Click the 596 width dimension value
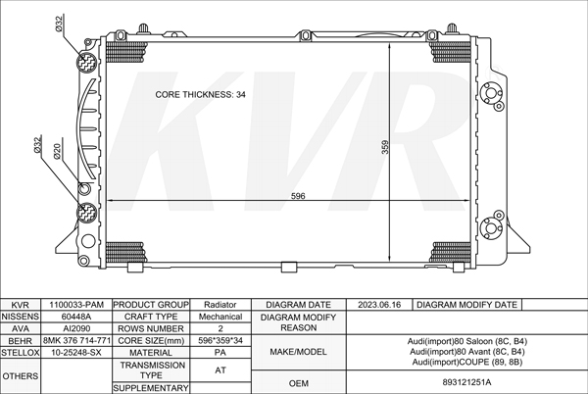(298, 196)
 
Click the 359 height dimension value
(385, 147)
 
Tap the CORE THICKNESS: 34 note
(201, 94)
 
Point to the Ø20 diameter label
(58, 152)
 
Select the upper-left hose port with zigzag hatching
(86, 62)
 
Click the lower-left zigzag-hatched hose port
(86, 212)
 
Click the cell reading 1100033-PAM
(76, 305)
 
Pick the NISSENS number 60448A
(76, 317)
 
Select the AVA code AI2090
(76, 328)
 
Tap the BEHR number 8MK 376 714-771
(76, 341)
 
